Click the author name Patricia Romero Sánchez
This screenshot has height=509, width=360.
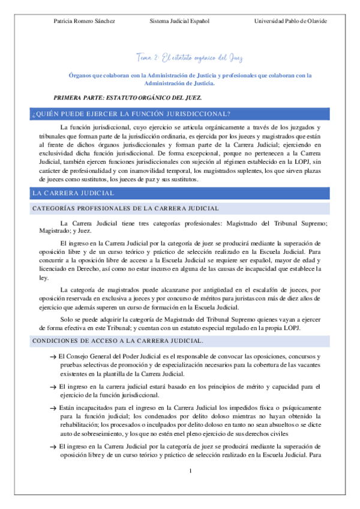[85, 21]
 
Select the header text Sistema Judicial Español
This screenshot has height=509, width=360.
[179, 21]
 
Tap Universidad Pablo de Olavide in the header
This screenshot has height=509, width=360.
[291, 21]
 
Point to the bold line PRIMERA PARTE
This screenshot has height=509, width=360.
[128, 97]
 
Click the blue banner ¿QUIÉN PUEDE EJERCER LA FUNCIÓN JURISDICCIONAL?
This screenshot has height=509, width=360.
[180, 113]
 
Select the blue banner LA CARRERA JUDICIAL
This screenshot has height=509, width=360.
[180, 193]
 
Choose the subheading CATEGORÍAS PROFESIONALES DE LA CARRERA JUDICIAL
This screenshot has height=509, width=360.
[125, 208]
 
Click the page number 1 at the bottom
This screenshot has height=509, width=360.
[190, 469]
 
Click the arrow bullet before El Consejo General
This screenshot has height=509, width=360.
[53, 357]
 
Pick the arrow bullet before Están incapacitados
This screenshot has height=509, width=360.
[53, 408]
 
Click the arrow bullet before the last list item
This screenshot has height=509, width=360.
[53, 447]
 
